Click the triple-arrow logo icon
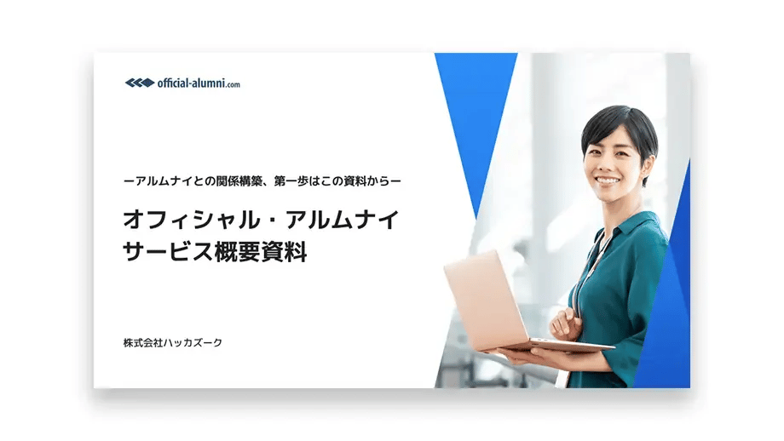click(139, 83)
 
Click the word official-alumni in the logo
click(191, 83)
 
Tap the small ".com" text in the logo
click(233, 84)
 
